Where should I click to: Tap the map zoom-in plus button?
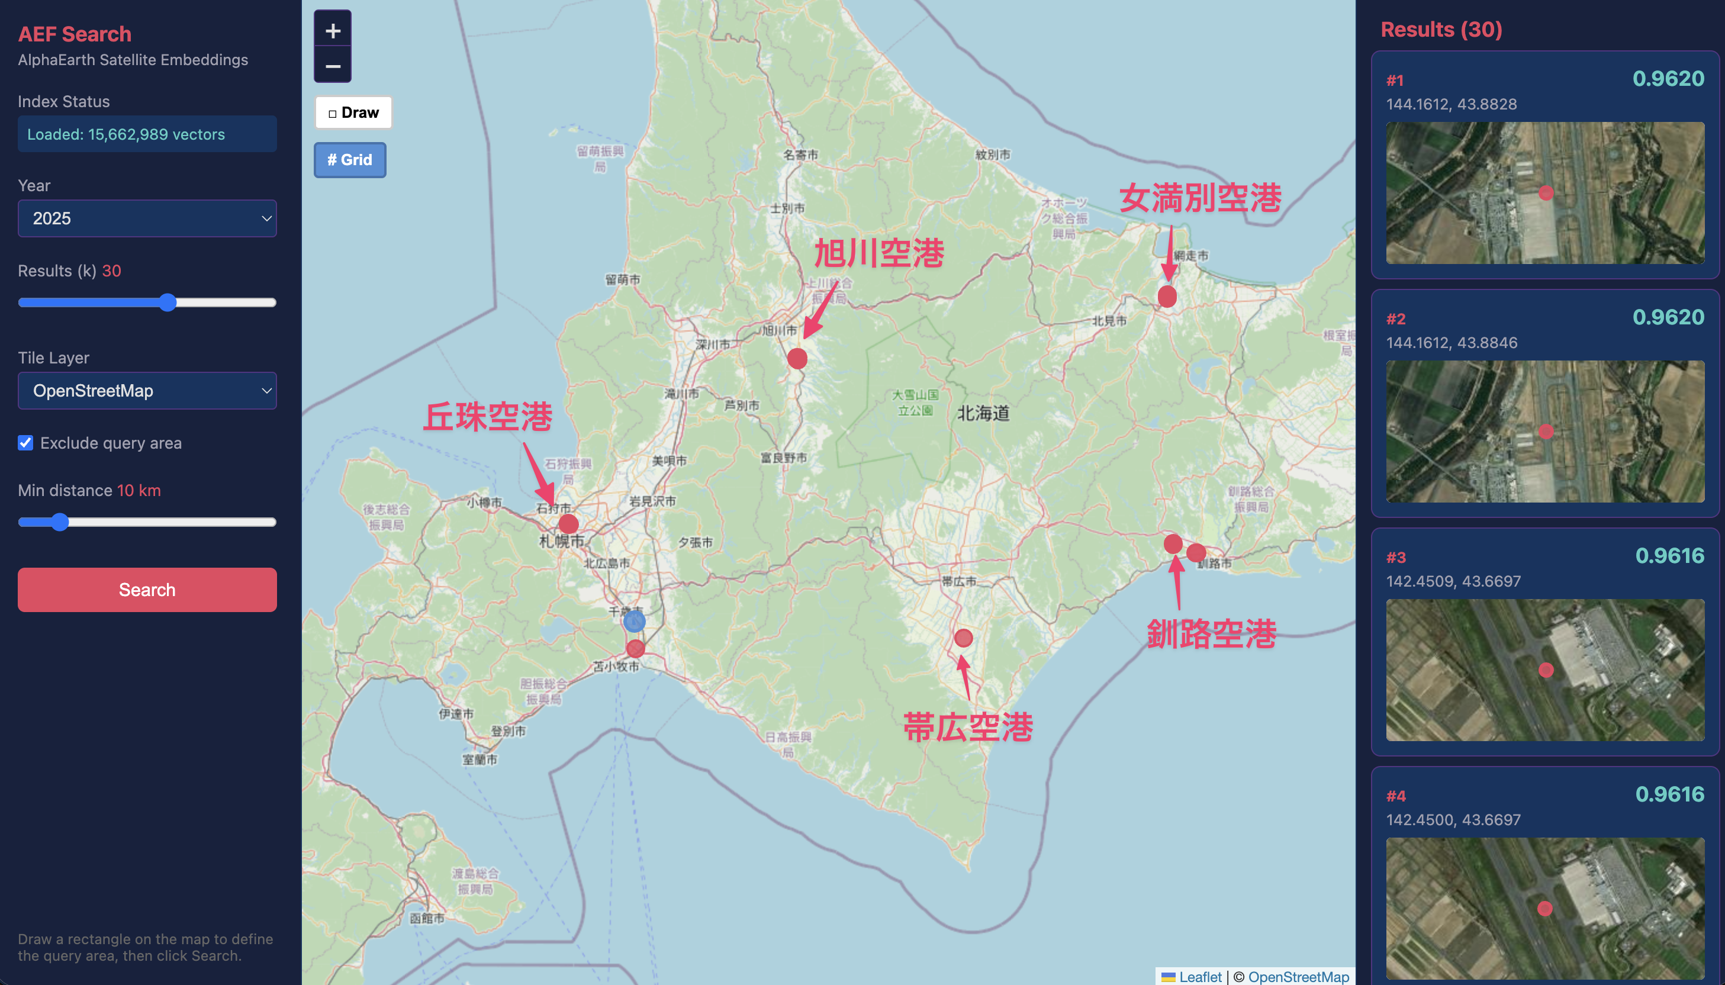pos(333,30)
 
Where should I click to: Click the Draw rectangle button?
pos(353,112)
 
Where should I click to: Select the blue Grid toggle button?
pos(350,160)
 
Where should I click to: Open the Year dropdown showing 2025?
pos(147,218)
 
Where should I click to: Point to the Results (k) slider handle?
pos(168,302)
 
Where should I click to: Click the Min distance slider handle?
pos(60,522)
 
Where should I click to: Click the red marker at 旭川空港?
pos(797,358)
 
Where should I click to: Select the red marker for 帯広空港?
pos(963,638)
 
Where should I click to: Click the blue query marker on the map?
pos(634,620)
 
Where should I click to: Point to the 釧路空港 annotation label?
pos(1211,634)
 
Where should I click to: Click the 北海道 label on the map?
pos(983,413)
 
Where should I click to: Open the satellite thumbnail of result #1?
pos(1544,193)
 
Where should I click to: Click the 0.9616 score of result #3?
pos(1669,555)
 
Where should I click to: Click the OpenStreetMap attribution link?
pos(1298,976)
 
